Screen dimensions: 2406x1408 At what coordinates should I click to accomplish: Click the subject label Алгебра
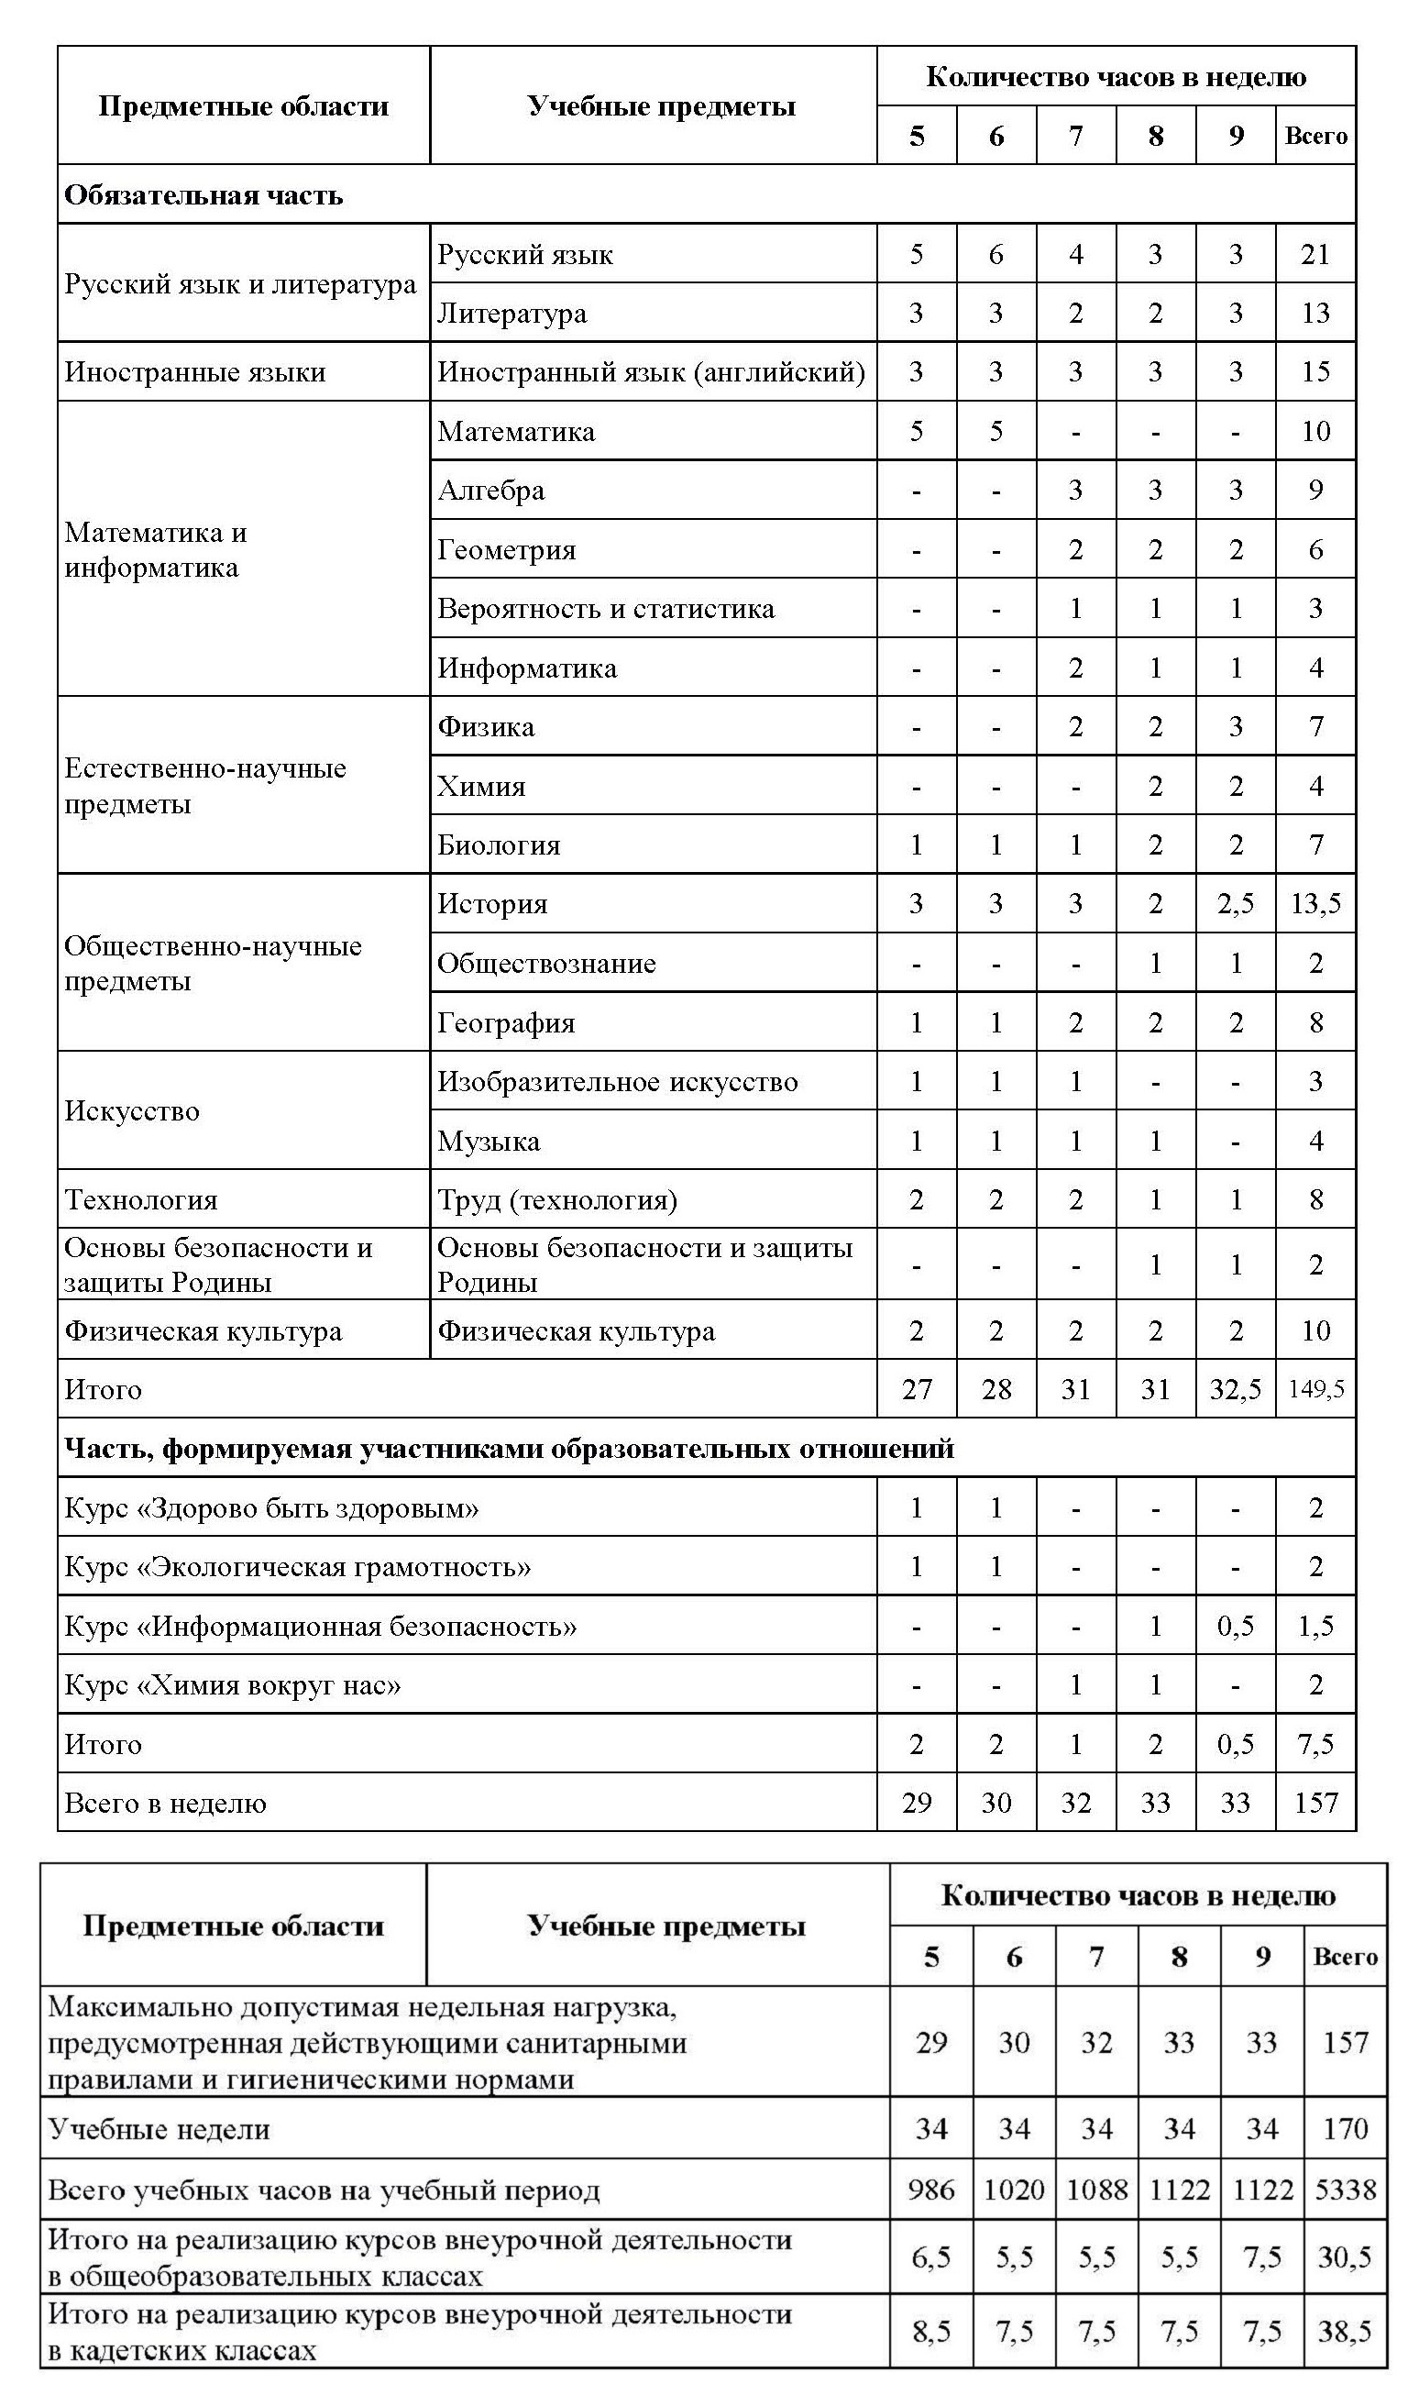point(490,491)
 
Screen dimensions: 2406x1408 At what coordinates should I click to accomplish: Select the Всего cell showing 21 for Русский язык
point(1315,254)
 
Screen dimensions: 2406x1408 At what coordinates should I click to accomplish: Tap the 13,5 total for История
point(1315,903)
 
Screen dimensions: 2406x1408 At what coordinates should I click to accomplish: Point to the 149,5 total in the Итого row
point(1315,1389)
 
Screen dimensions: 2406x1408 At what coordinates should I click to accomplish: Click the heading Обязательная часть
point(203,195)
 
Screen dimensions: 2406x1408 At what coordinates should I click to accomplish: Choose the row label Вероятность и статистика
point(605,609)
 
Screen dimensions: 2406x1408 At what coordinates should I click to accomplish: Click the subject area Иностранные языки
point(194,372)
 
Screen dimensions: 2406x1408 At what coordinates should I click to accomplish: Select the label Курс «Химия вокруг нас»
point(232,1685)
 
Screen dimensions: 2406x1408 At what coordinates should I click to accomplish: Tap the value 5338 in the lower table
point(1345,2190)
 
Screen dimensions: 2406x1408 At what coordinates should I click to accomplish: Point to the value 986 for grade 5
point(930,2190)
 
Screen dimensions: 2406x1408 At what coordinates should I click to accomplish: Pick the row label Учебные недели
point(159,2129)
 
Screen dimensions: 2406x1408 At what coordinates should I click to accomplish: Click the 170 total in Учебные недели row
point(1345,2129)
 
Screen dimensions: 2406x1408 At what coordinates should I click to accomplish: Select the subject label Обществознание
point(546,964)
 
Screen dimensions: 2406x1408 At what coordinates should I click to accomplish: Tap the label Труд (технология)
point(557,1200)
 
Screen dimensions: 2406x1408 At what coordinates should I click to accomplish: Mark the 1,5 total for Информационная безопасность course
point(1315,1626)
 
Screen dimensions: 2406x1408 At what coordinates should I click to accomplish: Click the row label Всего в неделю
point(165,1804)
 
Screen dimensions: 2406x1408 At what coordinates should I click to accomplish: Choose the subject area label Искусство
point(132,1111)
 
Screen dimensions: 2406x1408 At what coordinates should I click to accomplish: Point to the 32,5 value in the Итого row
point(1236,1389)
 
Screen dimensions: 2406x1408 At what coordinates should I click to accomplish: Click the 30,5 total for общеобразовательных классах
point(1345,2257)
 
